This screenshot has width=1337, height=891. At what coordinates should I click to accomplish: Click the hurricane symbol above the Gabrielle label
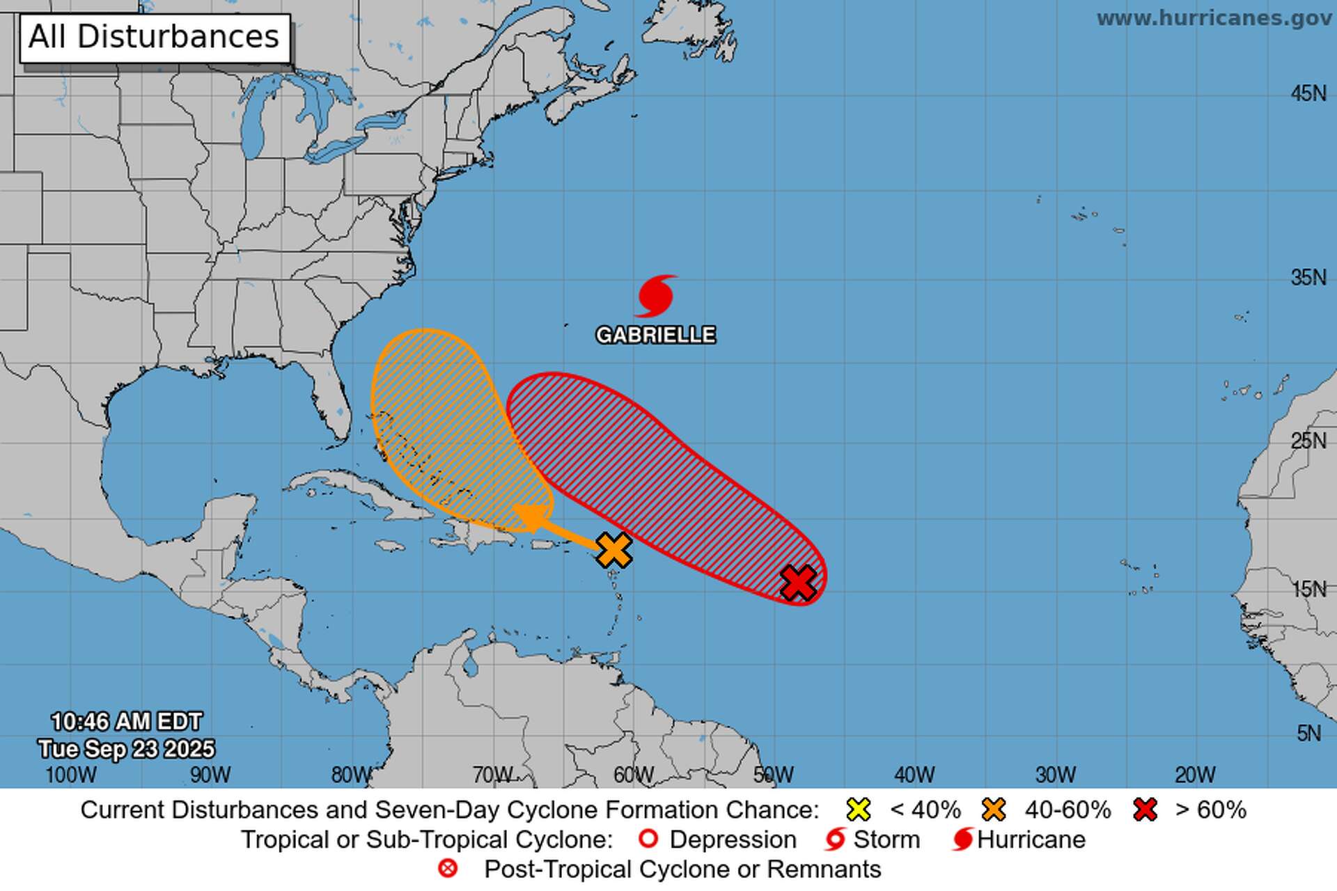coord(655,296)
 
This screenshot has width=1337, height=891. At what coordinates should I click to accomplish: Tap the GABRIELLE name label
coord(655,336)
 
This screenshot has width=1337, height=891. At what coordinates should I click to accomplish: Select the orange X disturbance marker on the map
coord(614,550)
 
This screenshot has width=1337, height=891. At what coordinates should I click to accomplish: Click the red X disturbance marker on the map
coord(798,582)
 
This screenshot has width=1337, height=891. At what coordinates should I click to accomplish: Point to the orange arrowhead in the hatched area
coord(529,517)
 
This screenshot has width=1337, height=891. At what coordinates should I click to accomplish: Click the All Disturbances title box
coord(154,38)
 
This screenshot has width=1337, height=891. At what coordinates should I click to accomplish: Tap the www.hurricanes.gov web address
coord(1214,19)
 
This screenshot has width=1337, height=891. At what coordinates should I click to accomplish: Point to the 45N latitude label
coord(1308,93)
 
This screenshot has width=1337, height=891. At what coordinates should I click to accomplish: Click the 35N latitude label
coord(1308,278)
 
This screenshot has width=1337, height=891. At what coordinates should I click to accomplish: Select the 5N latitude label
coord(1308,733)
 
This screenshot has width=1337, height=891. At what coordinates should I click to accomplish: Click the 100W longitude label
coord(71,775)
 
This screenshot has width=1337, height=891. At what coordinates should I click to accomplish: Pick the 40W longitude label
coord(914,775)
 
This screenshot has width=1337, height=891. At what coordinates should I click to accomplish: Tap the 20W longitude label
coord(1195,775)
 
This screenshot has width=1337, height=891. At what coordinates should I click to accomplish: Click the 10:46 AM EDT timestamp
coord(126,722)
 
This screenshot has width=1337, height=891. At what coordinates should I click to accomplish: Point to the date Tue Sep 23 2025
coord(126,749)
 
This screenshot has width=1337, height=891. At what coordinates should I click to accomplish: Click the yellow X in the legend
coord(859,810)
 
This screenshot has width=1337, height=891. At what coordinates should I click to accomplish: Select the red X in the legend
coord(1145,810)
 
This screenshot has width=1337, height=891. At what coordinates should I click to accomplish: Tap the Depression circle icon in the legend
coord(648,839)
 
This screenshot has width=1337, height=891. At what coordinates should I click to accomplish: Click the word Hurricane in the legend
coord(1031,839)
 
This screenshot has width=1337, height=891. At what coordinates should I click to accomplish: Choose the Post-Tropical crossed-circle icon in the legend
coord(448,869)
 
